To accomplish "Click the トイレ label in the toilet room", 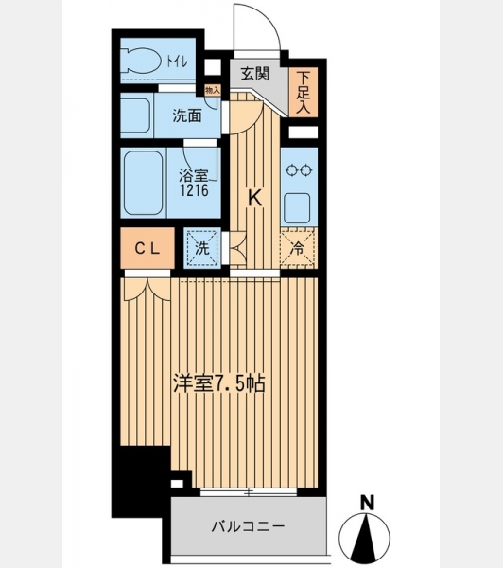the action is pos(178,62).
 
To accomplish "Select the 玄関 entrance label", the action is pos(255,74).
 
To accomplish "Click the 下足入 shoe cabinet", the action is pos(304,92).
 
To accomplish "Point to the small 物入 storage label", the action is pos(213,90).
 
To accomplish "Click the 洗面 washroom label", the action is pos(187,115).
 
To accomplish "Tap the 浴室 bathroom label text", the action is pos(194,176).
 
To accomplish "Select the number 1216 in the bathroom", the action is pos(195,190).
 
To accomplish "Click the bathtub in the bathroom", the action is pos(143,183).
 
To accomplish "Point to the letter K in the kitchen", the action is pos(254,198).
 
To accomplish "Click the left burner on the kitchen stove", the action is pos(291,170).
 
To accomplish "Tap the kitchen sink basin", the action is pos(297,208).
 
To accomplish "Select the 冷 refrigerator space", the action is pos(298,248).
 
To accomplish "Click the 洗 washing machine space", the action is pos(202,248).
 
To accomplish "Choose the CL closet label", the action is pos(147,248).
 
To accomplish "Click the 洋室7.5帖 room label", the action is pos(219,384).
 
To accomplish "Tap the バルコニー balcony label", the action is pos(249,526).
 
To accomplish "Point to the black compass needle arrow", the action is pos(365,537).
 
